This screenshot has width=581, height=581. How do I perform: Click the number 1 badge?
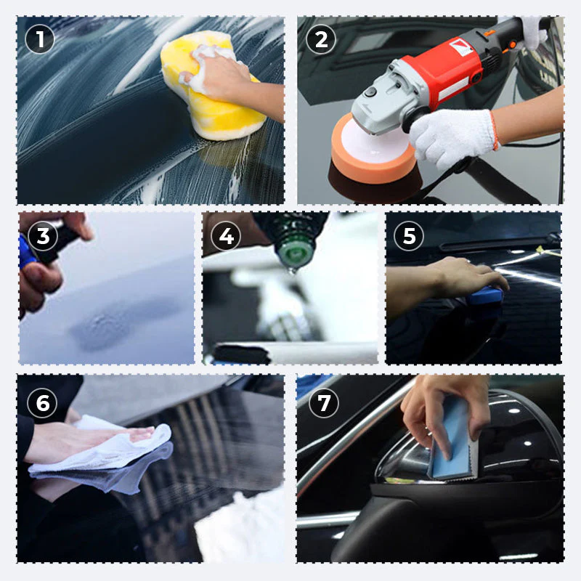(40, 39)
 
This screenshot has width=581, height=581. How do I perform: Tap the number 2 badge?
(320, 39)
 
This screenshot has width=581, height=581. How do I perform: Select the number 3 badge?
(43, 236)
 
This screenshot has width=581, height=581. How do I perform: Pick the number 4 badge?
(226, 236)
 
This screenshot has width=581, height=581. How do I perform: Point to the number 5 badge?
(409, 236)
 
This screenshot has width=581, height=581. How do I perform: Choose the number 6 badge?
(43, 403)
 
